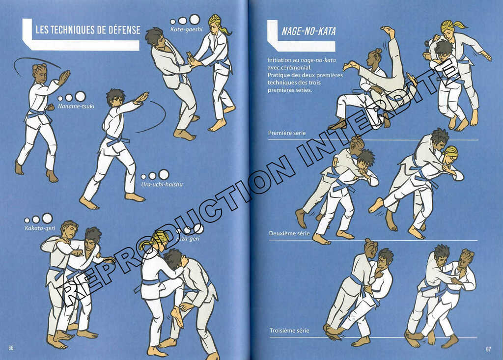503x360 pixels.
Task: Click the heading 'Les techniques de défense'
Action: click(88, 30)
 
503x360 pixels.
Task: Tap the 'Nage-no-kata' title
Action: click(308, 31)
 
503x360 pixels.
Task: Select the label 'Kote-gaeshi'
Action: click(186, 29)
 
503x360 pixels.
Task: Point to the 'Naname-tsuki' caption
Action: click(76, 106)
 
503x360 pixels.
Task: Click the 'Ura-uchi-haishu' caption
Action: click(162, 185)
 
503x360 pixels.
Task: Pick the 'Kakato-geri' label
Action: click(40, 228)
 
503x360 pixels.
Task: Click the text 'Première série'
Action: click(287, 133)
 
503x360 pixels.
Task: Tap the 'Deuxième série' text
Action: click(289, 233)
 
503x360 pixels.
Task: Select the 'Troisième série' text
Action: click(289, 331)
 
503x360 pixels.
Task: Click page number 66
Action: click(11, 348)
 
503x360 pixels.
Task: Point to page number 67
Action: click(488, 349)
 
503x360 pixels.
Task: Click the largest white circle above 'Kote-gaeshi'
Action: click(195, 19)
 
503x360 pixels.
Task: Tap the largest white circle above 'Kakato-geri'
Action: click(47, 218)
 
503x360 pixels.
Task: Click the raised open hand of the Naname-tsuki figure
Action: click(63, 77)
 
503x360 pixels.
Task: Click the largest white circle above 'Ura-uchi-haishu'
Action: click(164, 174)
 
